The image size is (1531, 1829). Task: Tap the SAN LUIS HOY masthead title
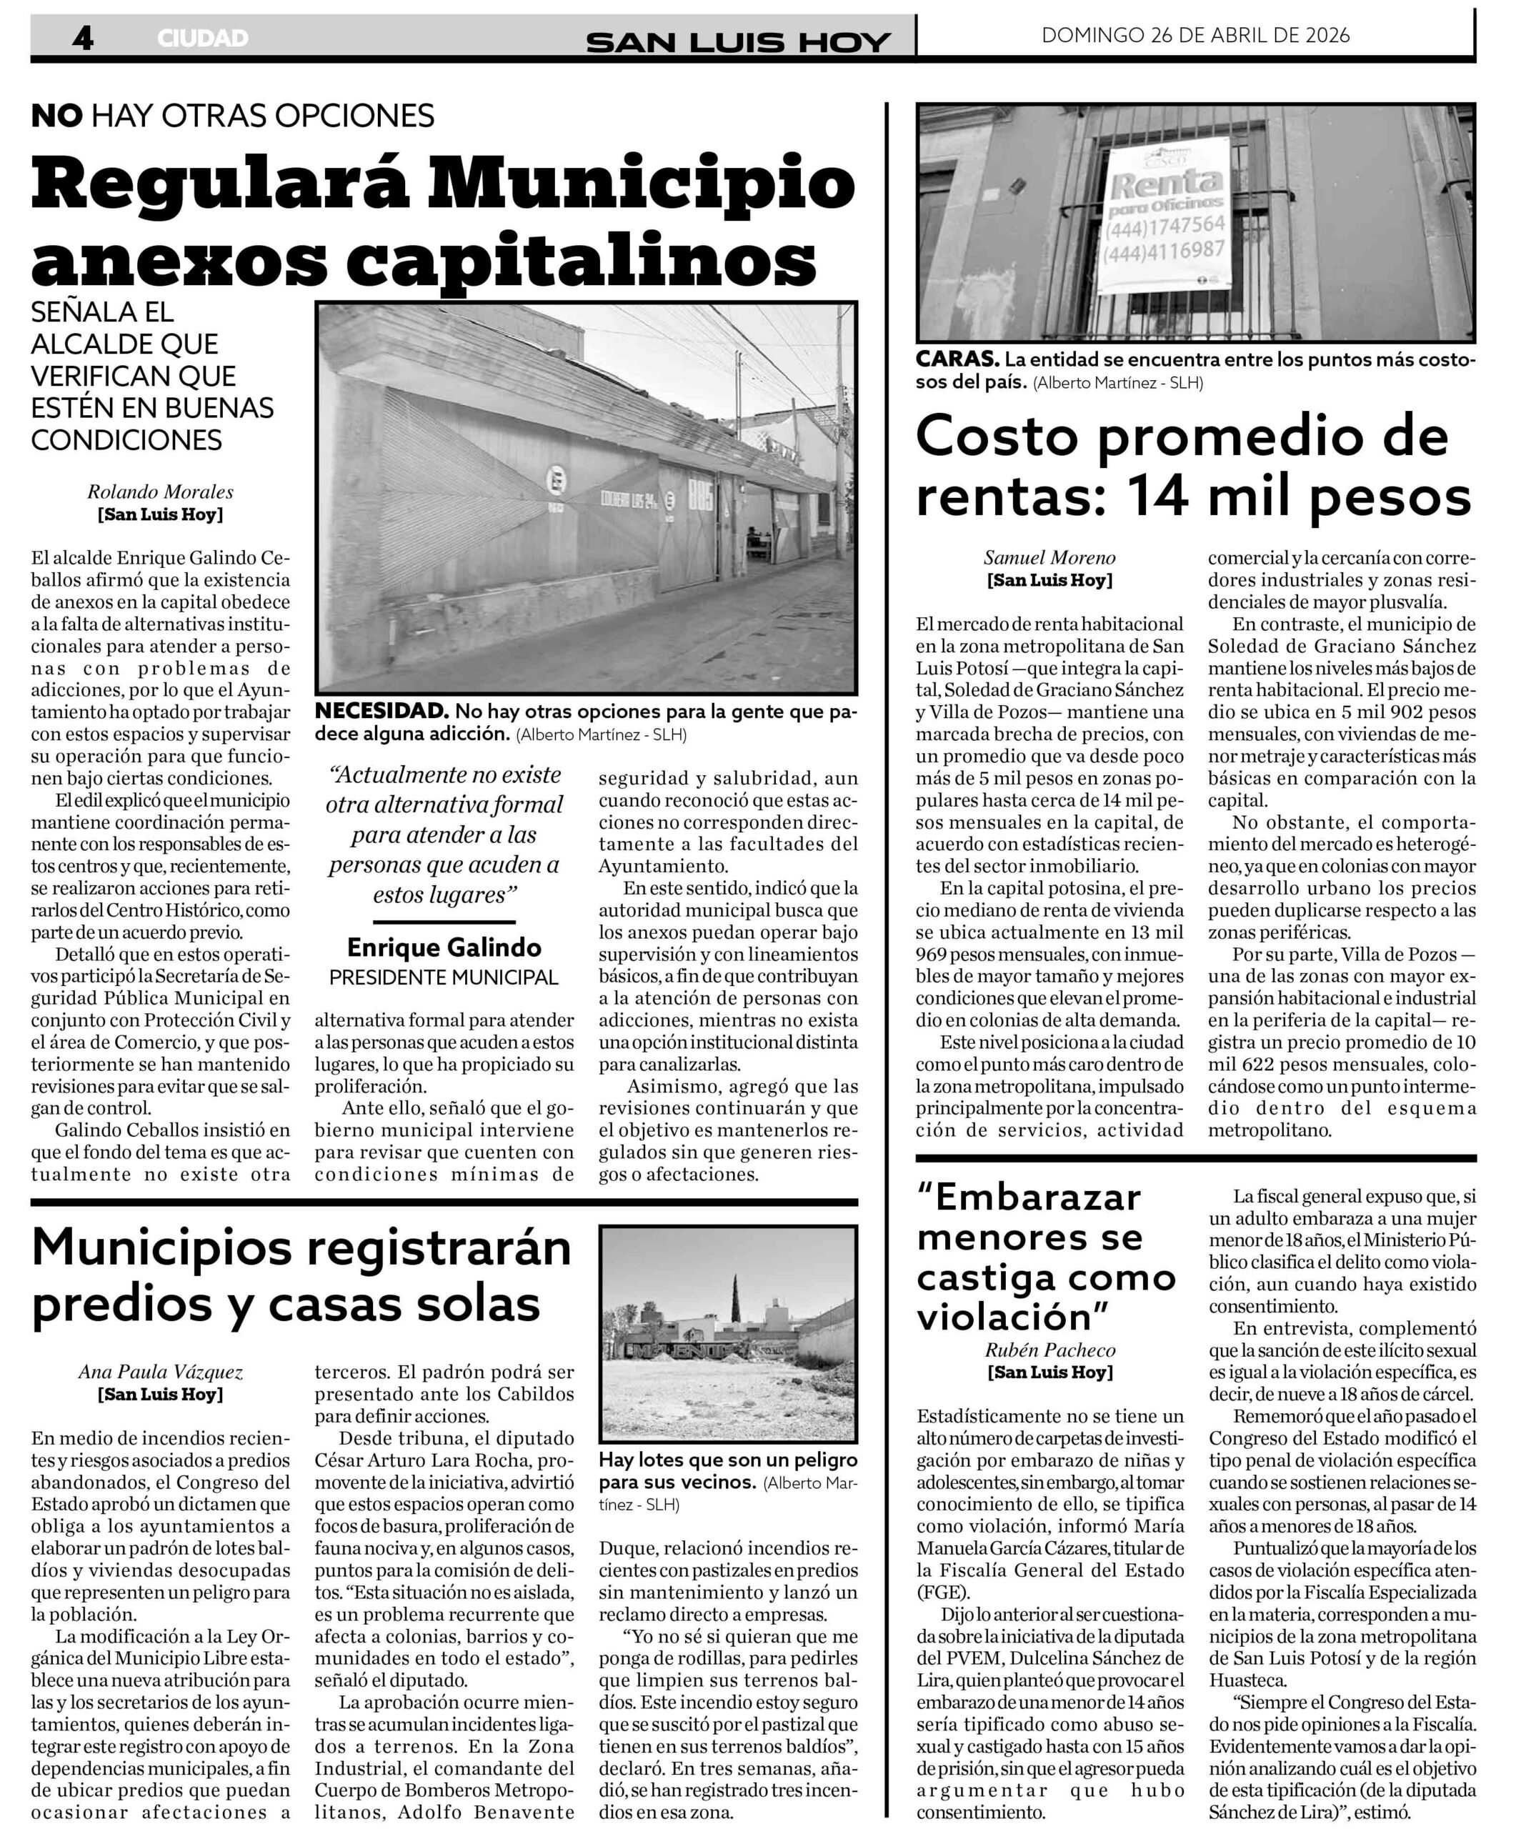point(737,41)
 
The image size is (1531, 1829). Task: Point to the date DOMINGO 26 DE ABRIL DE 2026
point(1195,35)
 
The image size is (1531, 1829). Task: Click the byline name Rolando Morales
point(160,492)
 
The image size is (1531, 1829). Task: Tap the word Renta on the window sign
point(1165,184)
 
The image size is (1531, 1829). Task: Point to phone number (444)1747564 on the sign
point(1165,226)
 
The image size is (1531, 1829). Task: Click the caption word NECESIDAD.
point(381,711)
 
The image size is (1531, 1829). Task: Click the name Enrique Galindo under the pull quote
point(444,947)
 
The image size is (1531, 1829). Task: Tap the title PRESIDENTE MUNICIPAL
point(444,977)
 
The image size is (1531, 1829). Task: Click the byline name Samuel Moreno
point(1049,557)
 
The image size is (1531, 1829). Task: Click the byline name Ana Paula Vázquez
point(160,1372)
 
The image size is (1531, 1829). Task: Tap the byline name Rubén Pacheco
point(1049,1350)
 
